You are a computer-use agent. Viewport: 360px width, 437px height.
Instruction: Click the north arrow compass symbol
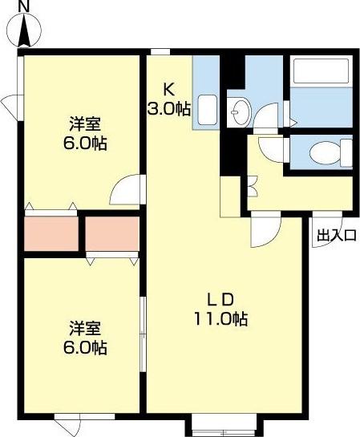25,31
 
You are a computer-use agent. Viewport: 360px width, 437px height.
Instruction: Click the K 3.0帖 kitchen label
168,99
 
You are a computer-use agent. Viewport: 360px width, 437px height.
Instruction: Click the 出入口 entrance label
336,235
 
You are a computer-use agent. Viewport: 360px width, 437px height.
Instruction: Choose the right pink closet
111,233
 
